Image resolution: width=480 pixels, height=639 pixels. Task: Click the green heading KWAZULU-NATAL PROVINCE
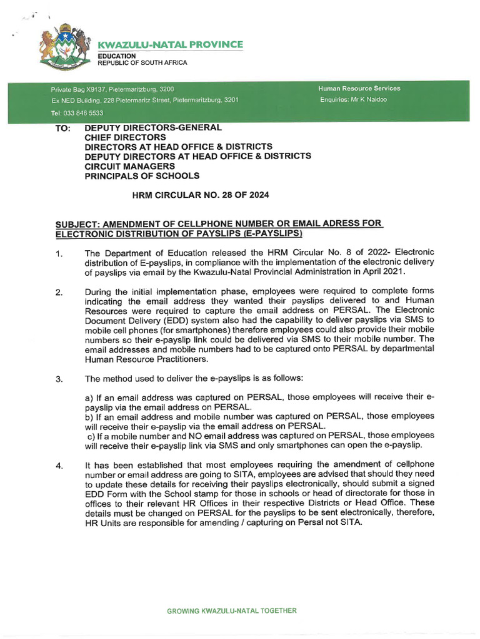[x=169, y=44]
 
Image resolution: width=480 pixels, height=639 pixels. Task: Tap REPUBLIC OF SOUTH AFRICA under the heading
[x=141, y=63]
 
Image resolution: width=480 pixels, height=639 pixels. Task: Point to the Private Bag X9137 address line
[x=112, y=89]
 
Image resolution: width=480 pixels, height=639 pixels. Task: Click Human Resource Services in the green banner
[x=359, y=89]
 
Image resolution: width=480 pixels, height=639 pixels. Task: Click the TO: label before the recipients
[x=63, y=127]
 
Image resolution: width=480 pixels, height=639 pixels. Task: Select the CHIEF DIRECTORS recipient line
[x=125, y=137]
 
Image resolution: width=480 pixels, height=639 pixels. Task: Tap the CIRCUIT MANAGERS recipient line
[x=130, y=167]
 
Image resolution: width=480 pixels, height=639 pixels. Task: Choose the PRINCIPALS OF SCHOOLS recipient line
[x=142, y=177]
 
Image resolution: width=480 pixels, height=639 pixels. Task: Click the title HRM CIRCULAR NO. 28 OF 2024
[x=201, y=196]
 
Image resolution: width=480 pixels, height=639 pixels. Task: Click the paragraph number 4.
[x=58, y=465]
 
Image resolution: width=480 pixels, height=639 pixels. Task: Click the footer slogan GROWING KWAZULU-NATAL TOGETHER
[x=232, y=611]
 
